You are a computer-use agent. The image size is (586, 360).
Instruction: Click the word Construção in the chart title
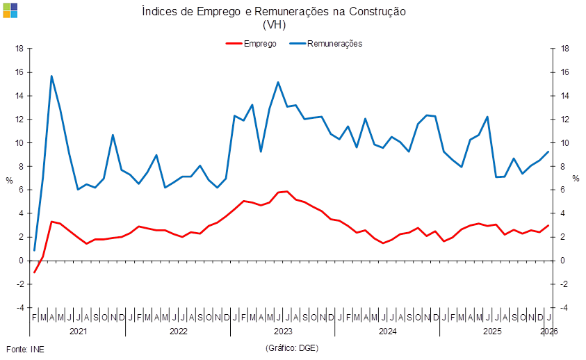pyautogui.click(x=377, y=12)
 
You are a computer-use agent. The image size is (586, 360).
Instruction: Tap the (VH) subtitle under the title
pyautogui.click(x=274, y=24)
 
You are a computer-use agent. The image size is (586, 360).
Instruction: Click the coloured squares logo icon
pyautogui.click(x=10, y=10)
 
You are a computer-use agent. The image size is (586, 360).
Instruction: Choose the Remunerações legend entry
pyautogui.click(x=335, y=43)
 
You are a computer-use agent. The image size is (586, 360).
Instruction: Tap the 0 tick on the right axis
pyautogui.click(x=565, y=261)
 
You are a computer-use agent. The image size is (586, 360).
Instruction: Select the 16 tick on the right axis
pyautogui.click(x=565, y=72)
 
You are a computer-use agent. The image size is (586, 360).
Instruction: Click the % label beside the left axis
pyautogui.click(x=9, y=179)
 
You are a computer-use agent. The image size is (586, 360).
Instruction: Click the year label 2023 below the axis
pyautogui.click(x=284, y=332)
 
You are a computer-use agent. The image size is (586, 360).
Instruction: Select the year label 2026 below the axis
pyautogui.click(x=550, y=332)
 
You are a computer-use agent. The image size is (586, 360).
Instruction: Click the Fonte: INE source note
pyautogui.click(x=24, y=347)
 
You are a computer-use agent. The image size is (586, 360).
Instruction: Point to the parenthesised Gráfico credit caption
pyautogui.click(x=292, y=347)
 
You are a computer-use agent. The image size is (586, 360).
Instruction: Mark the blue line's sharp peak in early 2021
pyautogui.click(x=51, y=76)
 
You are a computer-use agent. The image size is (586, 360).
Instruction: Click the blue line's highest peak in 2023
pyautogui.click(x=279, y=82)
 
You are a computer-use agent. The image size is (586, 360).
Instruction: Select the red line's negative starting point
pyautogui.click(x=34, y=272)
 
